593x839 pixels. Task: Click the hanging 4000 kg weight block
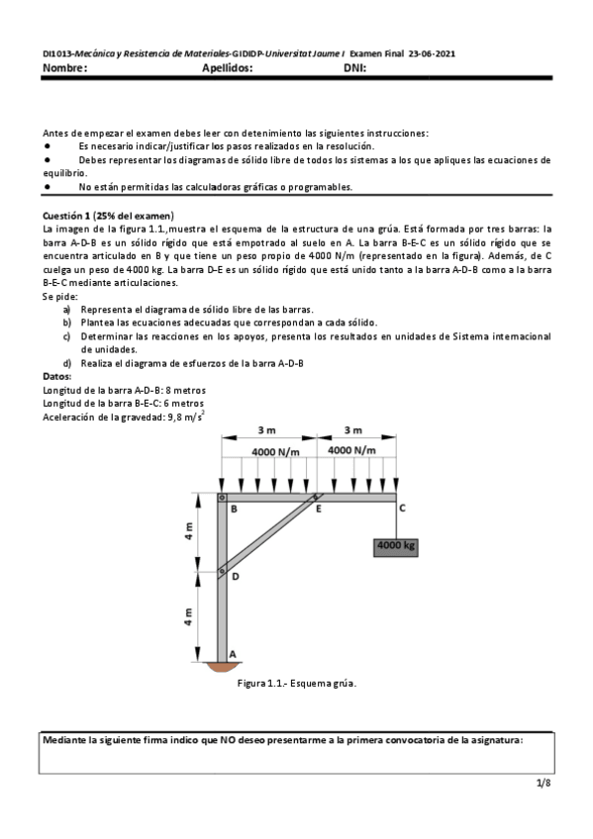pyautogui.click(x=395, y=545)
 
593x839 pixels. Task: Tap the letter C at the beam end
pyautogui.click(x=401, y=509)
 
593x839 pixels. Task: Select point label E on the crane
pyautogui.click(x=319, y=510)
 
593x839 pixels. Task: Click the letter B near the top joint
pyautogui.click(x=234, y=510)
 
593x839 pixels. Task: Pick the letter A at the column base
pyautogui.click(x=233, y=654)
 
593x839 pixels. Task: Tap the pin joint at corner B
pyautogui.click(x=222, y=498)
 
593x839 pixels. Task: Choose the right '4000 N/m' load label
pyautogui.click(x=353, y=450)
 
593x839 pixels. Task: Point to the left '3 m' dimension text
pyautogui.click(x=266, y=430)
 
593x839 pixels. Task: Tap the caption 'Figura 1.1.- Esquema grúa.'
pyautogui.click(x=297, y=683)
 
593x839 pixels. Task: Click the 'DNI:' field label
pyautogui.click(x=355, y=68)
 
